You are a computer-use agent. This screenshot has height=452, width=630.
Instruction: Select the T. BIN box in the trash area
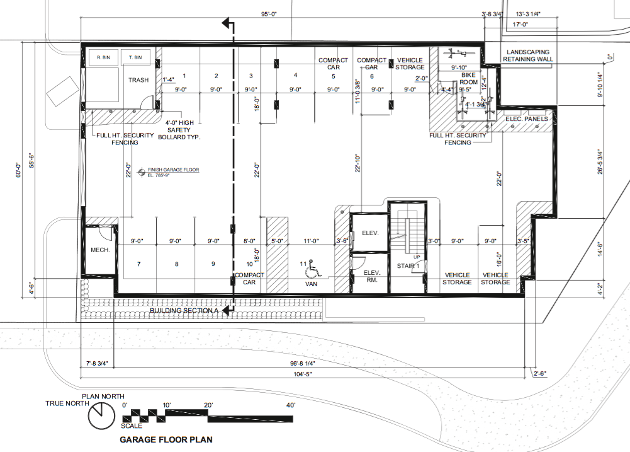(x=135, y=58)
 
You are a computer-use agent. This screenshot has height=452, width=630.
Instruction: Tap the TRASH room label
(x=138, y=80)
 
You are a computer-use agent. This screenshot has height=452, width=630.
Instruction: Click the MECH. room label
(x=100, y=250)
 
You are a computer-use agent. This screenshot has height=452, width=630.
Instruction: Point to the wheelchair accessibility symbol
(x=312, y=271)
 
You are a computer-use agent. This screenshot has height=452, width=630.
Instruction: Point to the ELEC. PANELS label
(x=527, y=119)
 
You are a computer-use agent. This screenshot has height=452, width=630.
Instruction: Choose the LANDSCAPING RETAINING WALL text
(x=527, y=55)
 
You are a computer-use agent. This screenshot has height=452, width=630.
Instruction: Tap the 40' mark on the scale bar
(x=290, y=405)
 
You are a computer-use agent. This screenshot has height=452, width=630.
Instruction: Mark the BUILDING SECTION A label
(x=183, y=310)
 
